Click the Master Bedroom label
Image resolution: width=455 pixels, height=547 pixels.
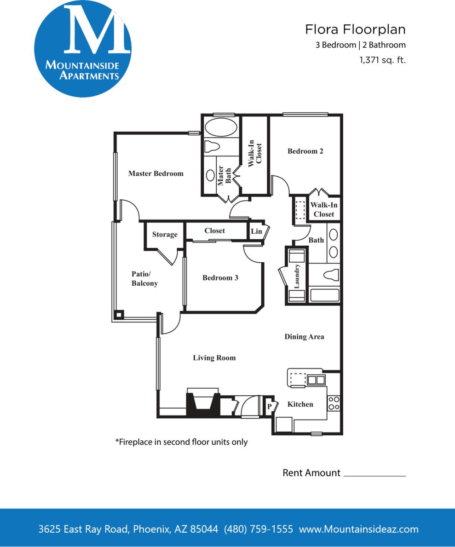pyautogui.click(x=156, y=173)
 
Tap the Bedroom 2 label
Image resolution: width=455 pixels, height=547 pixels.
pyautogui.click(x=305, y=151)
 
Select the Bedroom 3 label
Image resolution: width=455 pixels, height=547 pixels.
pyautogui.click(x=220, y=277)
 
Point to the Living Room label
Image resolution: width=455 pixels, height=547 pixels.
pyautogui.click(x=214, y=357)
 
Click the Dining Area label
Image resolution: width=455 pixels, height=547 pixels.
pyautogui.click(x=304, y=336)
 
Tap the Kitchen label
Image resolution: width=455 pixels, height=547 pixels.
pyautogui.click(x=300, y=404)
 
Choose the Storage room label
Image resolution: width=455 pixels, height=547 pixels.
pyautogui.click(x=165, y=234)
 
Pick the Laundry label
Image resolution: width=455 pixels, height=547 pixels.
pyautogui.click(x=297, y=276)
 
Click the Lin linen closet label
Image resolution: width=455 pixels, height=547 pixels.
pyautogui.click(x=256, y=231)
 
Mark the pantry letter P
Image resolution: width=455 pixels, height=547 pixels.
pyautogui.click(x=270, y=407)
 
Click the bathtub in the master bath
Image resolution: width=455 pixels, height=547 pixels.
pyautogui.click(x=221, y=127)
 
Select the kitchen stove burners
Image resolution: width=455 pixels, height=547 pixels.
pyautogui.click(x=334, y=403)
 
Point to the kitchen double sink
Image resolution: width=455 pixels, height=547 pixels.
pyautogui.click(x=316, y=380)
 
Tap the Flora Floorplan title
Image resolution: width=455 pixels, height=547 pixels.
pyautogui.click(x=355, y=29)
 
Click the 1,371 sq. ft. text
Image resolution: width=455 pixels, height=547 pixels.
pyautogui.click(x=382, y=59)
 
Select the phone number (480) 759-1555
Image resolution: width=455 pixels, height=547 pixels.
pyautogui.click(x=258, y=529)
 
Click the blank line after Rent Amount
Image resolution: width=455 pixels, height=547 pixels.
pyautogui.click(x=374, y=474)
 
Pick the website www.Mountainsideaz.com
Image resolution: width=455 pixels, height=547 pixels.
pyautogui.click(x=359, y=529)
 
